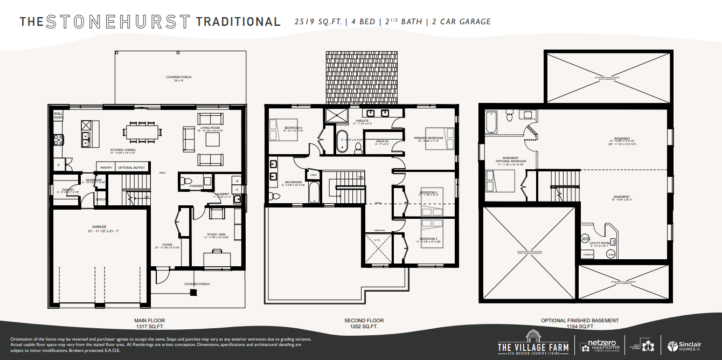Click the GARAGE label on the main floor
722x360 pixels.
point(99,227)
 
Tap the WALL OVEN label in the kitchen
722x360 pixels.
point(58,115)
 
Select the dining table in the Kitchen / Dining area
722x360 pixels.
point(143,131)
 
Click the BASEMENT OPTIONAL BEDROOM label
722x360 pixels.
point(511,160)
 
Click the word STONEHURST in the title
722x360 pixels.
point(118,22)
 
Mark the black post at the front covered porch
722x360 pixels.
point(193,292)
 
